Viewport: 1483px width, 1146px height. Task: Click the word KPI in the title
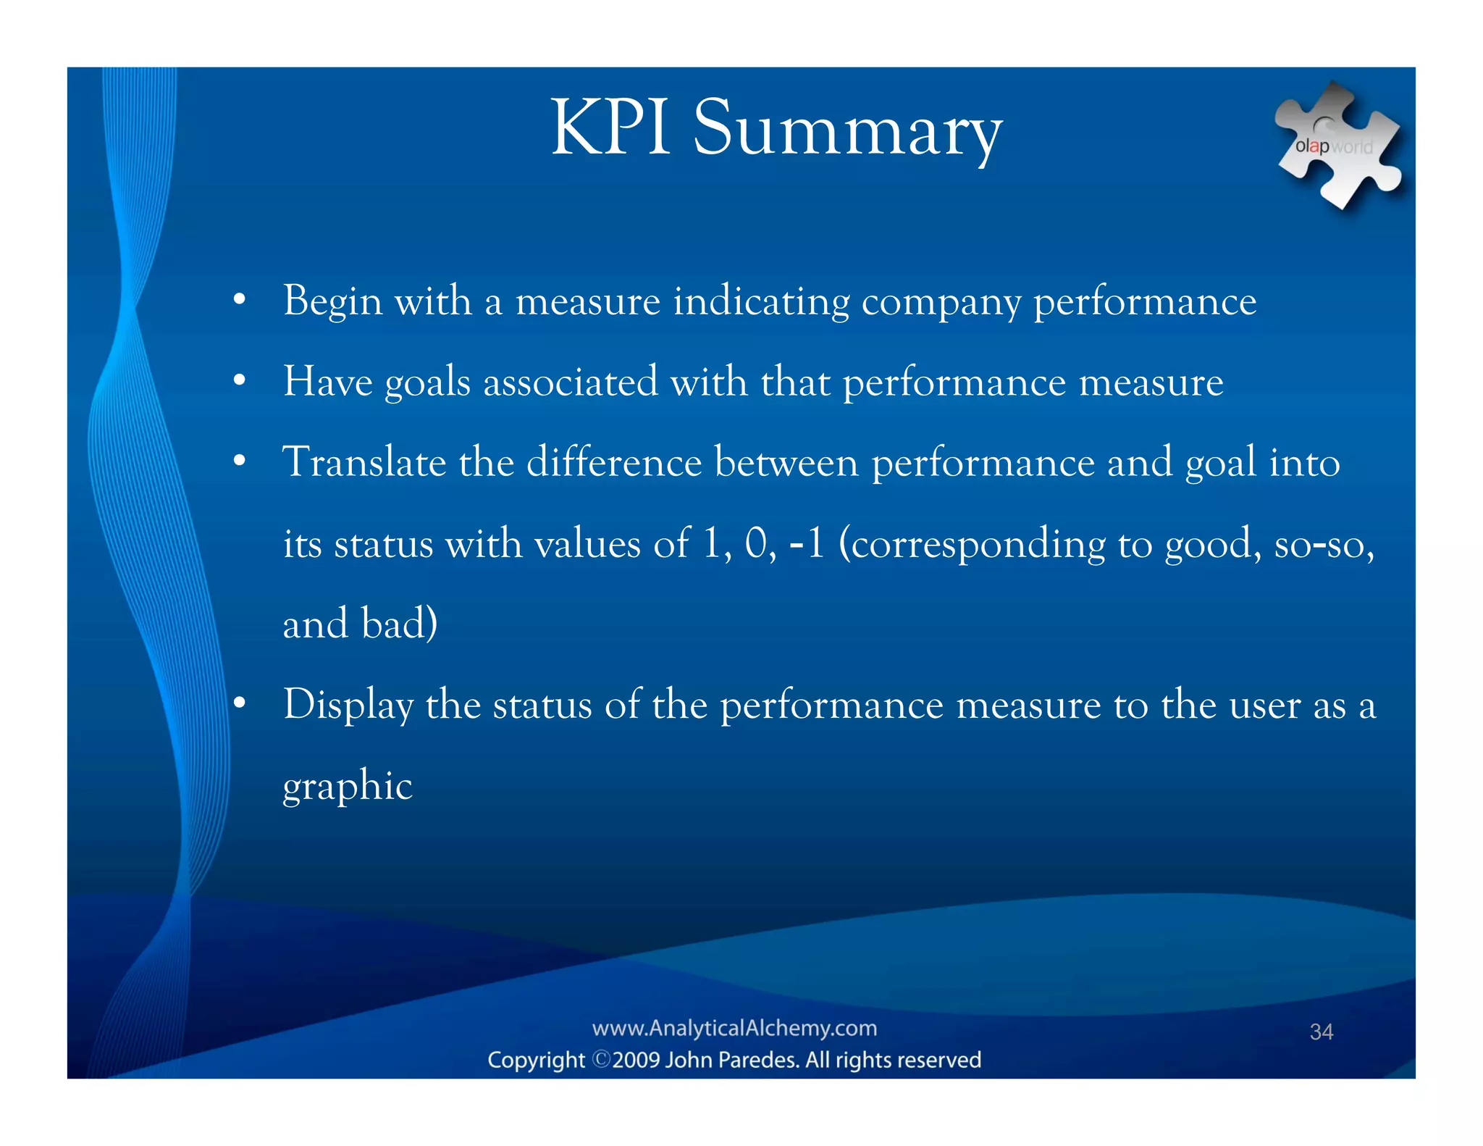pyautogui.click(x=610, y=128)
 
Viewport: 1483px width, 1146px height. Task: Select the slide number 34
pyautogui.click(x=1321, y=1032)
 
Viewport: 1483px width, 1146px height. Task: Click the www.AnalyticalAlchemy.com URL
pyautogui.click(x=734, y=1028)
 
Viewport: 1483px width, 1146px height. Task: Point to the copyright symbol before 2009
pyautogui.click(x=601, y=1060)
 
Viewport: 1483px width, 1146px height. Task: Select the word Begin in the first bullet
pyautogui.click(x=332, y=301)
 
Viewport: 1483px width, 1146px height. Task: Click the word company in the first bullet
pyautogui.click(x=941, y=301)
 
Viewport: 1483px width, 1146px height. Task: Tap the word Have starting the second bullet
pyautogui.click(x=327, y=382)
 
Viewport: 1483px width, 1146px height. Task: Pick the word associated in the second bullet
pyautogui.click(x=570, y=382)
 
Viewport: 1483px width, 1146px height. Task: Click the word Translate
pyautogui.click(x=364, y=462)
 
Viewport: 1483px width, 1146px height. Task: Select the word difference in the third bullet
pyautogui.click(x=613, y=462)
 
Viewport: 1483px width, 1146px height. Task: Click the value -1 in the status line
pyautogui.click(x=807, y=543)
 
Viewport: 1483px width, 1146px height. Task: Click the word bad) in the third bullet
pyautogui.click(x=399, y=624)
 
